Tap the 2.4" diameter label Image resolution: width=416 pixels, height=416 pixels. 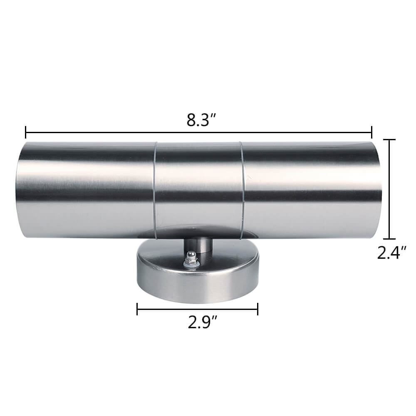point(391,253)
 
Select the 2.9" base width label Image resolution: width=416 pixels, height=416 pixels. point(198,322)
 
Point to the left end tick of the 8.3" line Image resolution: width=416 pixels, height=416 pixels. point(26,132)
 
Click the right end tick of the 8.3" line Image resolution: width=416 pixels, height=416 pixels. point(371,132)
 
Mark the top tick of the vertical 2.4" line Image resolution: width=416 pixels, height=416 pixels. point(389,140)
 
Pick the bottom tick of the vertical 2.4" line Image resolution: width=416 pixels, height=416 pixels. point(389,238)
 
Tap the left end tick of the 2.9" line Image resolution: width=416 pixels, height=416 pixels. point(137,309)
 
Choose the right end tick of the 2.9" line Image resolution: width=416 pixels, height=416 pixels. point(258,309)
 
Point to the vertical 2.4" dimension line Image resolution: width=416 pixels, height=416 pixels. point(389,189)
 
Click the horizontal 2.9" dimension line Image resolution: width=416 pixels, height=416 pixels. point(198,309)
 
